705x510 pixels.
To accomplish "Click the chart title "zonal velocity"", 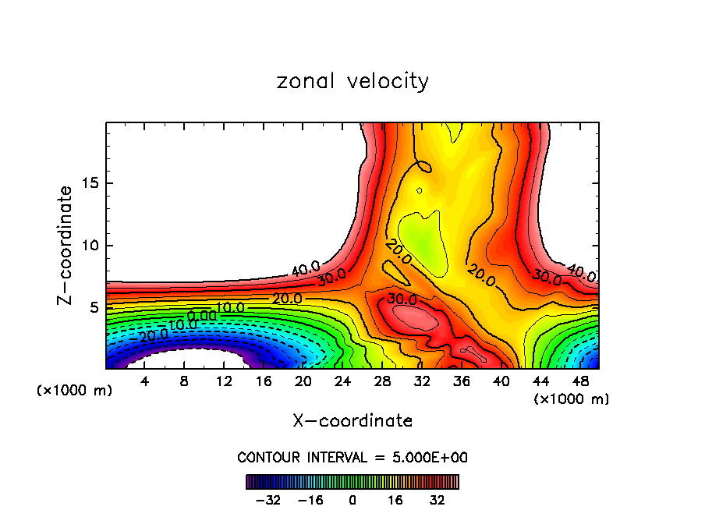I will [352, 81].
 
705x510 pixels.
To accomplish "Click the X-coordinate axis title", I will [352, 421].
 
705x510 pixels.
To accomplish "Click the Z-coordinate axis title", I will [66, 245].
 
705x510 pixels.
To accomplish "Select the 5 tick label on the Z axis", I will [93, 307].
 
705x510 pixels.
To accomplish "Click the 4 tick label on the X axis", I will [144, 381].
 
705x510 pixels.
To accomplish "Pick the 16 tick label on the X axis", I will [264, 381].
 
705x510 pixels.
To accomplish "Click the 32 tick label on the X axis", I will [422, 381].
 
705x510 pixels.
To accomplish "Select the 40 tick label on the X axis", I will [501, 381].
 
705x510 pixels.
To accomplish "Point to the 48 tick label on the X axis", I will [580, 381].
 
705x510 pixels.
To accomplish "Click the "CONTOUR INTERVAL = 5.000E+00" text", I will [352, 457].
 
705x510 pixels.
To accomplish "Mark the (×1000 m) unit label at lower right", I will [572, 399].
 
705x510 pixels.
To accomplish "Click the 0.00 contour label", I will [202, 316].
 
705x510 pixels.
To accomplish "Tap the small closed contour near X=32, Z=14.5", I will [420, 190].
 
